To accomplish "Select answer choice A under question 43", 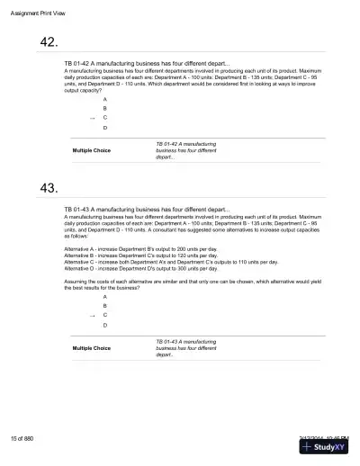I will tap(105, 296).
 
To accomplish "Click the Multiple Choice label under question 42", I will tap(91, 150).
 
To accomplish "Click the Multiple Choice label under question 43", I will tap(91, 348).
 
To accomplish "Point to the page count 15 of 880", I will tap(22, 438).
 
